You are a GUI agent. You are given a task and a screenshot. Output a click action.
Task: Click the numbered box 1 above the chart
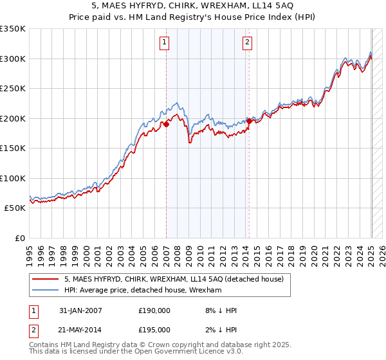pyautogui.click(x=165, y=43)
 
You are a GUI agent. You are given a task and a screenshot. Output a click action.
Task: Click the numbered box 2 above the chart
pyautogui.click(x=247, y=43)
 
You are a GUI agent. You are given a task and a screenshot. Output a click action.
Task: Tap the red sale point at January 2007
pyautogui.click(x=166, y=124)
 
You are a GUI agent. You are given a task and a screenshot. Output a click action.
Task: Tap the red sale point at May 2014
pyautogui.click(x=249, y=121)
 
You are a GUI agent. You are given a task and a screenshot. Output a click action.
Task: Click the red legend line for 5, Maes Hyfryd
pyautogui.click(x=46, y=279)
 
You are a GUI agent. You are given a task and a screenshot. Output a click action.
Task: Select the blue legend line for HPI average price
pyautogui.click(x=46, y=291)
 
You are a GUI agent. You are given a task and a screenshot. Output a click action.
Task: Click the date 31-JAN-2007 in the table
pyautogui.click(x=80, y=310)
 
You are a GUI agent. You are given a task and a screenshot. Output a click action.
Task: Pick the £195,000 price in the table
pyautogui.click(x=154, y=332)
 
